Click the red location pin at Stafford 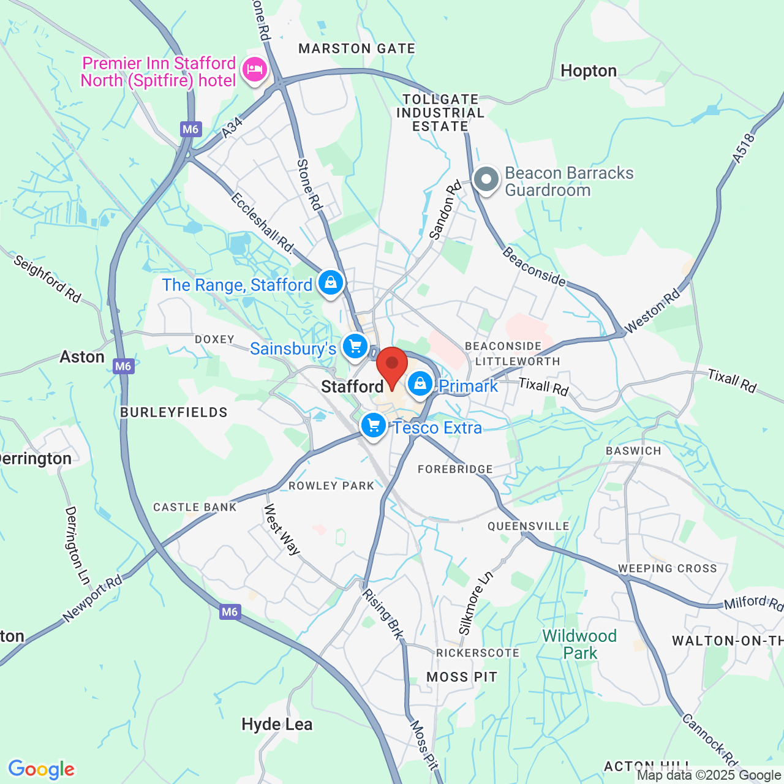[392, 366]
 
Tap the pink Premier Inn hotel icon [254, 69]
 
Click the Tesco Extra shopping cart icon [373, 424]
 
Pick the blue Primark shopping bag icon [420, 384]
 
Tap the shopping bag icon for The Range [331, 282]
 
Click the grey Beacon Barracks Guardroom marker [486, 180]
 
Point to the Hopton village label [589, 71]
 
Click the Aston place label [82, 356]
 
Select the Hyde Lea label [277, 725]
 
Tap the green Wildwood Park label [579, 644]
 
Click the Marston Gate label [356, 48]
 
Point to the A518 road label [744, 148]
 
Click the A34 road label [232, 128]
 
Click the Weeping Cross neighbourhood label [667, 568]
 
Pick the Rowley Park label [331, 486]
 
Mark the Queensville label [528, 526]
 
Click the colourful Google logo [42, 769]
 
